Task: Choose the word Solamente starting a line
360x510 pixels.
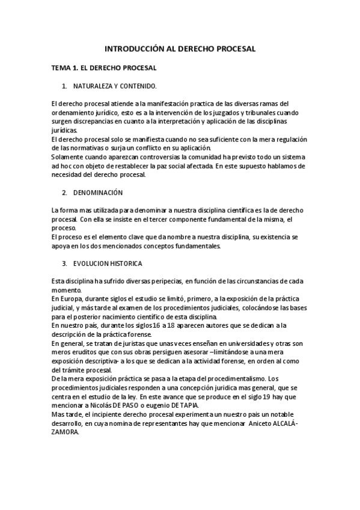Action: [68, 157]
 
